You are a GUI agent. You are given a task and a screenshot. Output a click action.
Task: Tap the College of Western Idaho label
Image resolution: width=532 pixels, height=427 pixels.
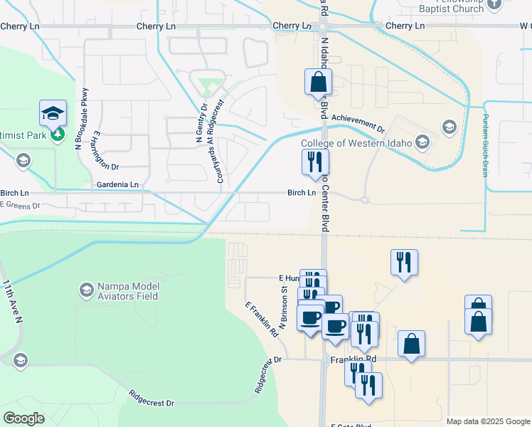pyautogui.click(x=356, y=143)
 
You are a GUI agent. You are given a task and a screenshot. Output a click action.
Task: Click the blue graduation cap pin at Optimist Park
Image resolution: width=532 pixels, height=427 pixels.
pyautogui.click(x=53, y=114)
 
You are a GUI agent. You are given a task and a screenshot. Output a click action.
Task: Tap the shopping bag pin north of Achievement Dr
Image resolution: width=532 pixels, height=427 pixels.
pyautogui.click(x=317, y=83)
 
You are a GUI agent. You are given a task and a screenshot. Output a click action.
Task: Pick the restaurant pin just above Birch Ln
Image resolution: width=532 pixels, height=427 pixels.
pyautogui.click(x=315, y=162)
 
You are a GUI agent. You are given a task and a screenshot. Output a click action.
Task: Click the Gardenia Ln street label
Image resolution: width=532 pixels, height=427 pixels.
pyautogui.click(x=118, y=184)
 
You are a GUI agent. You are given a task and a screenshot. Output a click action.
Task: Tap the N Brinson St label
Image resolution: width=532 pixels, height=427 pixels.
pyautogui.click(x=282, y=307)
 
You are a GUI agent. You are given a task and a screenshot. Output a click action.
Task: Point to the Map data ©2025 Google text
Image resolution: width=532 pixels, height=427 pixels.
pyautogui.click(x=488, y=421)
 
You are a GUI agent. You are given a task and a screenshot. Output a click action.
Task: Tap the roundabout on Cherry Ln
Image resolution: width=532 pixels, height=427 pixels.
pyautogui.click(x=322, y=26)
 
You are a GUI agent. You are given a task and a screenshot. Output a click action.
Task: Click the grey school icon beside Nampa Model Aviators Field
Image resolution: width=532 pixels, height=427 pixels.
pyautogui.click(x=86, y=289)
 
